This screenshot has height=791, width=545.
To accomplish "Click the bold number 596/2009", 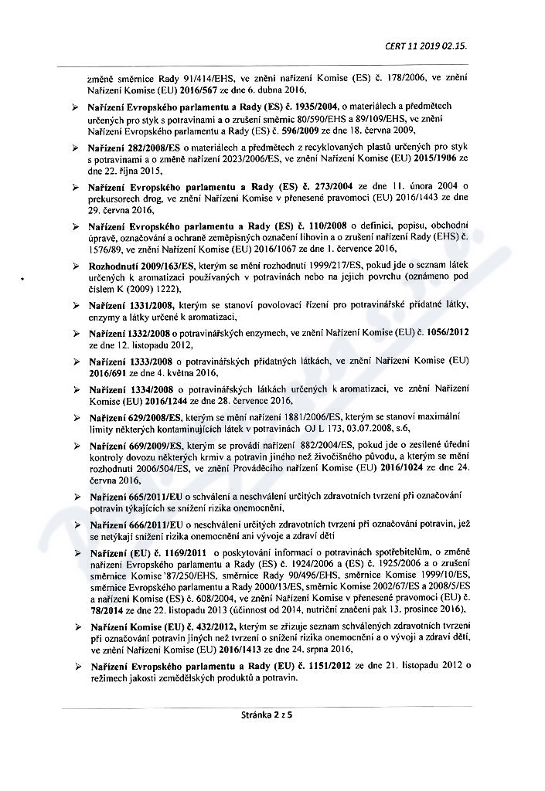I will point(247,130).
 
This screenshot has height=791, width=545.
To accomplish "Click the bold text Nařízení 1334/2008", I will point(127,392).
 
